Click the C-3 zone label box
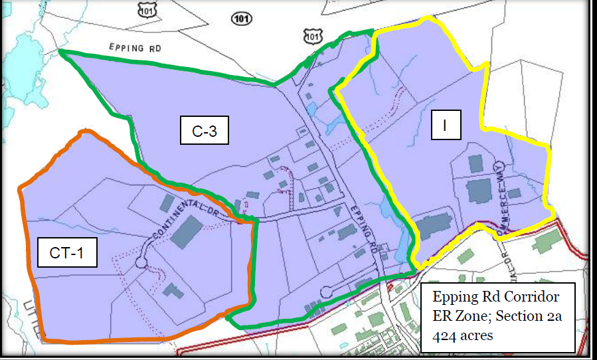pos(205,132)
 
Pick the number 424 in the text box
pos(444,335)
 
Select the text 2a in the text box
pos(554,315)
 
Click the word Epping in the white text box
pos(454,296)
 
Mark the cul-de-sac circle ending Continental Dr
pos(141,262)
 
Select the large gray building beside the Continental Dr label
pos(188,230)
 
